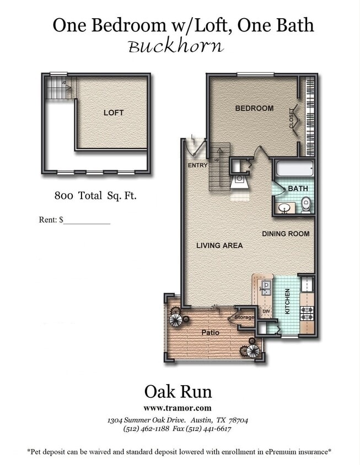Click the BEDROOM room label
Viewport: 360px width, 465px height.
point(254,108)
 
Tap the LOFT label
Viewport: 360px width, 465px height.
point(114,112)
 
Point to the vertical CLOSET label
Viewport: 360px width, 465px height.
point(292,118)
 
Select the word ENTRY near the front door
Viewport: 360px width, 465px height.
point(197,165)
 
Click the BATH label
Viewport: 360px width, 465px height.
point(298,188)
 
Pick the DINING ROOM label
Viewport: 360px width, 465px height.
point(286,234)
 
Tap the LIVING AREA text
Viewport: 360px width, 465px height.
point(219,245)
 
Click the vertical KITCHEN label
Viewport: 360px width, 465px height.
point(287,302)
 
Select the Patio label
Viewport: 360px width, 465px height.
point(210,332)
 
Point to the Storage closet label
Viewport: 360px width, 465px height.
point(244,317)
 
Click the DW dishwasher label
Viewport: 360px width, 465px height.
point(266,312)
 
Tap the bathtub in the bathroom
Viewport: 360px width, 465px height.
point(294,169)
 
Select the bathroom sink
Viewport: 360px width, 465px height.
point(285,208)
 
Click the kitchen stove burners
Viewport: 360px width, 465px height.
point(307,312)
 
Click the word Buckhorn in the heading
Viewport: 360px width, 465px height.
point(176,46)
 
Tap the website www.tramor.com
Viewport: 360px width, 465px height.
point(177,408)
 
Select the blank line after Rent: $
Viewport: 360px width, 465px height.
point(87,220)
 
